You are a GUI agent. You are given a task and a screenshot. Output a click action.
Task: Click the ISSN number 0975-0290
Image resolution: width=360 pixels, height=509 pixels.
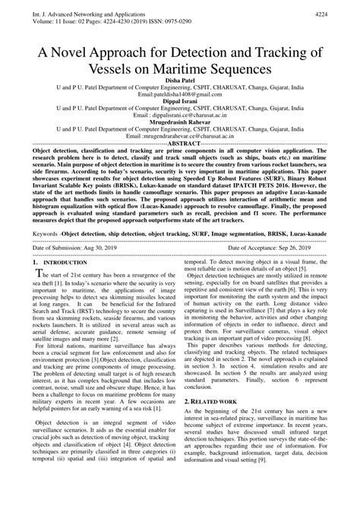pyautogui.click(x=193, y=21)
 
